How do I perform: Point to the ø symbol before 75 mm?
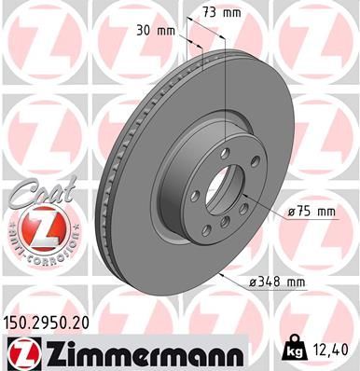click(x=291, y=213)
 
